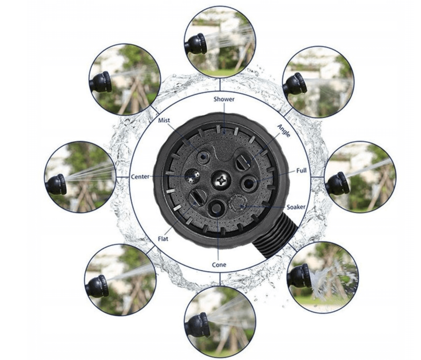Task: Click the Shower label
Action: pyautogui.click(x=224, y=99)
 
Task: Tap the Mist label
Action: pyautogui.click(x=164, y=120)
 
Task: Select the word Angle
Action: pyautogui.click(x=284, y=131)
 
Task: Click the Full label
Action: pyautogui.click(x=302, y=170)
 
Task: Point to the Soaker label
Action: pyautogui.click(x=296, y=207)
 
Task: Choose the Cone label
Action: pyautogui.click(x=219, y=265)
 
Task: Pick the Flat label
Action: pyautogui.click(x=163, y=238)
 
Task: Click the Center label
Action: pyautogui.click(x=140, y=177)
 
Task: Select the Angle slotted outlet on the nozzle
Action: pyautogui.click(x=243, y=162)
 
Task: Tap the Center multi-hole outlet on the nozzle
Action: pyautogui.click(x=192, y=176)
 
